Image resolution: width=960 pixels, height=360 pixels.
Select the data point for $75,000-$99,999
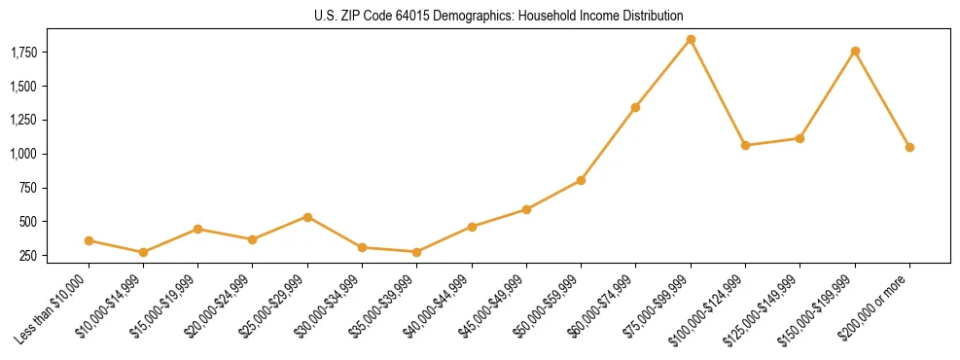click(x=691, y=39)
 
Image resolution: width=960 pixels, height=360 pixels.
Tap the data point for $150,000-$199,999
click(x=855, y=51)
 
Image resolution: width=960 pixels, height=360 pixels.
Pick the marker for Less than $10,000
click(x=89, y=240)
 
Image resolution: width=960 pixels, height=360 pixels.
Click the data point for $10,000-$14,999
click(x=144, y=252)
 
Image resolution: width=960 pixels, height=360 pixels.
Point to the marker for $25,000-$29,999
click(x=307, y=217)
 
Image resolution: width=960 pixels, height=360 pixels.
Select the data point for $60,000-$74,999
click(x=635, y=107)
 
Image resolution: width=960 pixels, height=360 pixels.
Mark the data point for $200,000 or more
click(x=909, y=147)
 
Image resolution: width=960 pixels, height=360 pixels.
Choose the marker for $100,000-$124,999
click(x=745, y=145)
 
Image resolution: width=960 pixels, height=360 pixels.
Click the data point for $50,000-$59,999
click(x=581, y=180)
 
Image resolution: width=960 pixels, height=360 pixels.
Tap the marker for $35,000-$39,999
click(x=417, y=252)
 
